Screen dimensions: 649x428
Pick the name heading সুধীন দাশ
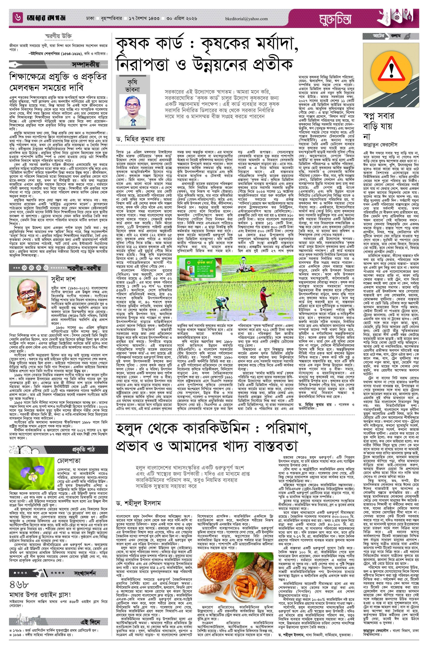63,279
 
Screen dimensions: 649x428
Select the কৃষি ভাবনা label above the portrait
134,85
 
